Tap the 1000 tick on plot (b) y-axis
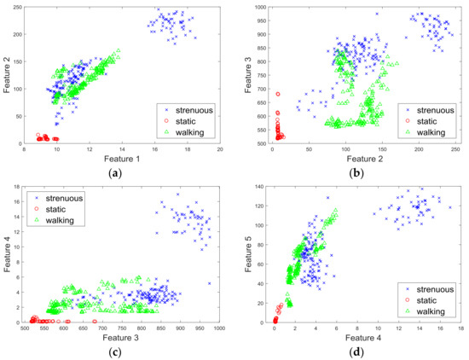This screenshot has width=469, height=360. pos(257,8)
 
